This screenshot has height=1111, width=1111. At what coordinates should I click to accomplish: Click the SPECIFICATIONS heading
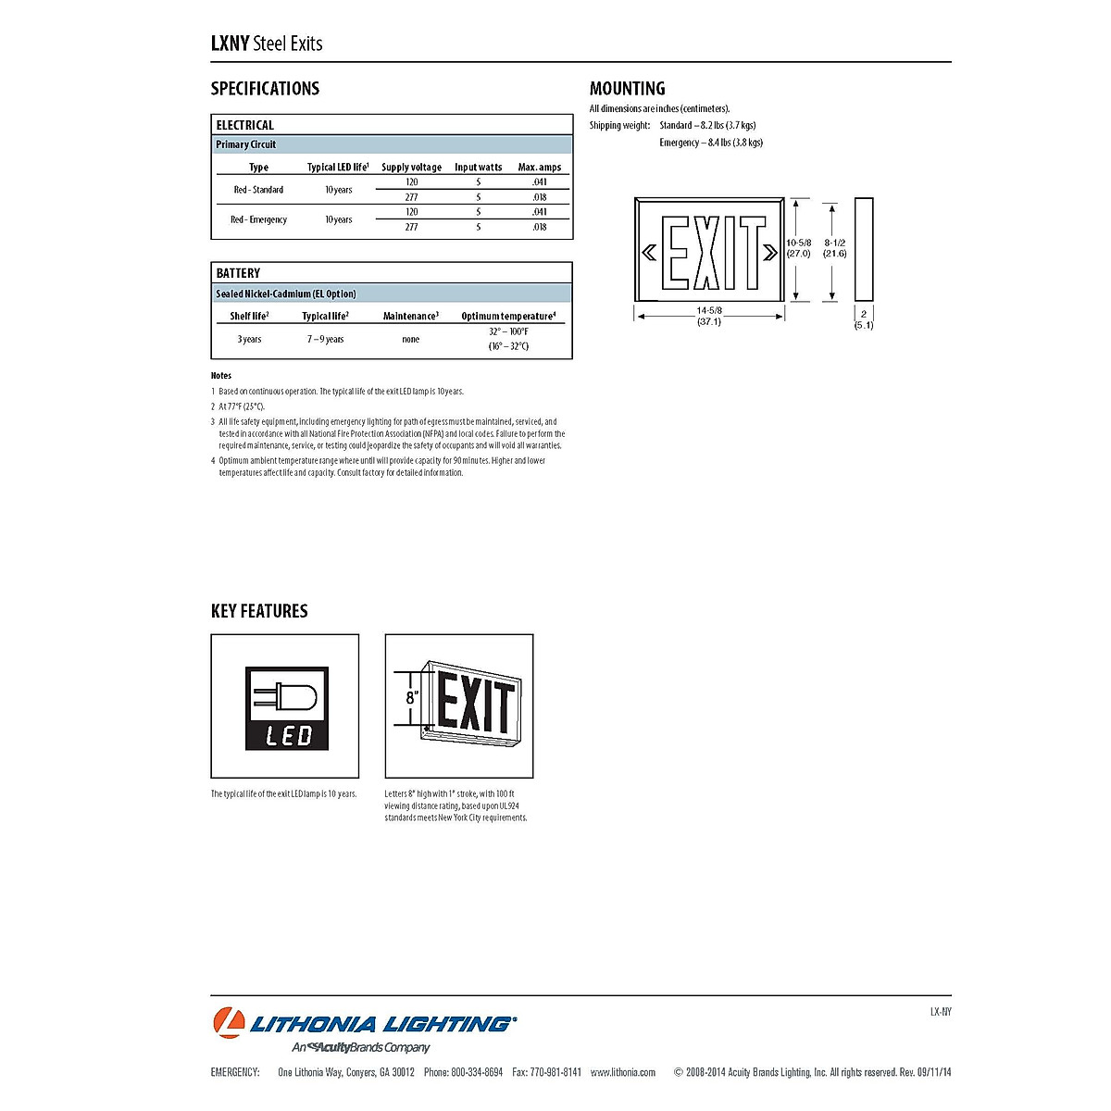tap(265, 89)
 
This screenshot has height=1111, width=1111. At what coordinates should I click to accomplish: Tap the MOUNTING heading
tap(627, 89)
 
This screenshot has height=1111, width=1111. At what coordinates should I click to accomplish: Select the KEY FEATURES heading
tap(259, 611)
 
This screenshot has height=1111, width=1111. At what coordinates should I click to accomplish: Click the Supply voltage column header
tap(411, 168)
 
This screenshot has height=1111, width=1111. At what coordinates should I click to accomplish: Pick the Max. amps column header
tap(539, 168)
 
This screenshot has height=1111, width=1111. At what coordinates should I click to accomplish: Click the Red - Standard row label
tap(258, 190)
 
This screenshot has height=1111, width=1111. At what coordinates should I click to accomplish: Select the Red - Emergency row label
tap(258, 219)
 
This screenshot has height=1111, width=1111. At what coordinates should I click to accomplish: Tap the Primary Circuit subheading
tap(246, 144)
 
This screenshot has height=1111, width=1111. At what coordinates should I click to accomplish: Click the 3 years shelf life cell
tap(249, 340)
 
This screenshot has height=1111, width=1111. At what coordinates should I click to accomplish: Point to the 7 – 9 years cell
tap(325, 340)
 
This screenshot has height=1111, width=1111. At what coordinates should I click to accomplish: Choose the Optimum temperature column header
tap(508, 317)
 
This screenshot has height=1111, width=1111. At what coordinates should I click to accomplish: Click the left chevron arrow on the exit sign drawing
tap(649, 252)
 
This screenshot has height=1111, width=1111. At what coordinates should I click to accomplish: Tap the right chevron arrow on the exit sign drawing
tap(770, 252)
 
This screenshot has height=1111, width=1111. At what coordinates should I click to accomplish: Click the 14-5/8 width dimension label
tap(709, 316)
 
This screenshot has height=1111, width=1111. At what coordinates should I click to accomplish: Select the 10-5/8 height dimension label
tap(798, 247)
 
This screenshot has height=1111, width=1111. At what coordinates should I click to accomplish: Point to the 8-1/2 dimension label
tap(834, 247)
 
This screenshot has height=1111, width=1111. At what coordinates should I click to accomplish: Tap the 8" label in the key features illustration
tap(412, 697)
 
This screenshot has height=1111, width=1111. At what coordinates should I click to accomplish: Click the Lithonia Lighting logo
tap(364, 1024)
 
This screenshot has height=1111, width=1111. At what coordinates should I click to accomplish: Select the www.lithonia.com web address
tap(622, 1073)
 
